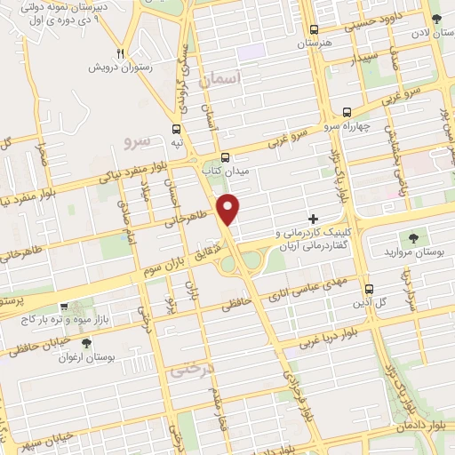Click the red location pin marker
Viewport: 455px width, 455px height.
[229, 208]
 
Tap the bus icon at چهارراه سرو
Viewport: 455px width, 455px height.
[347, 112]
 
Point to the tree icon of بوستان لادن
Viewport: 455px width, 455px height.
[435, 18]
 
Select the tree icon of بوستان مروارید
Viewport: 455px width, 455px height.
[412, 236]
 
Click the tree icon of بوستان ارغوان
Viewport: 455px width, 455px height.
[85, 343]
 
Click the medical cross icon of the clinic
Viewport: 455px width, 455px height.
[313, 218]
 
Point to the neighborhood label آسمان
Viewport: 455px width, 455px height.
[222, 80]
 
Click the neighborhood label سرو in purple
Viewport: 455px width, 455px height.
[139, 140]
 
